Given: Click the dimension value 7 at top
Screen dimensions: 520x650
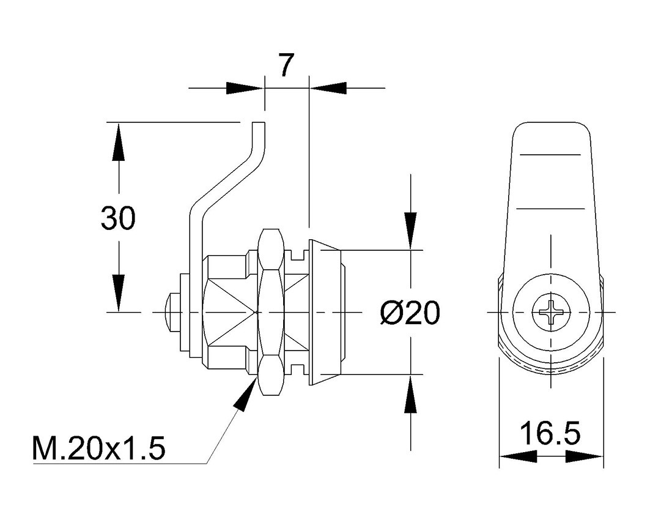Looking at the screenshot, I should coord(287,65).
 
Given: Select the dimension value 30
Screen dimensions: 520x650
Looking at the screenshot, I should coord(118,218).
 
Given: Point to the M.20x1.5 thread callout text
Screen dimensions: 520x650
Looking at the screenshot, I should coord(99,449).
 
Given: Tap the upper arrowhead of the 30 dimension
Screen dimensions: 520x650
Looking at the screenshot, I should coord(117,141).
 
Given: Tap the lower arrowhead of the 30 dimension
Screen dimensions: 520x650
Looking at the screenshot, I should coord(117,294).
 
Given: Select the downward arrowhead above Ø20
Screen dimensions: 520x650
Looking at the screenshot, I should coord(410,231).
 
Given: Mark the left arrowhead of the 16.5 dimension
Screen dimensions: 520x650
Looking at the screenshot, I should coord(518,456).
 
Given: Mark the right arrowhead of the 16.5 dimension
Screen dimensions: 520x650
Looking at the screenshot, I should coord(585,456).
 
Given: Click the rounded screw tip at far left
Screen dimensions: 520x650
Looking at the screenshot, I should coord(172,312).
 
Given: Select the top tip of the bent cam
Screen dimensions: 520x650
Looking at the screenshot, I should coord(259,124).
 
